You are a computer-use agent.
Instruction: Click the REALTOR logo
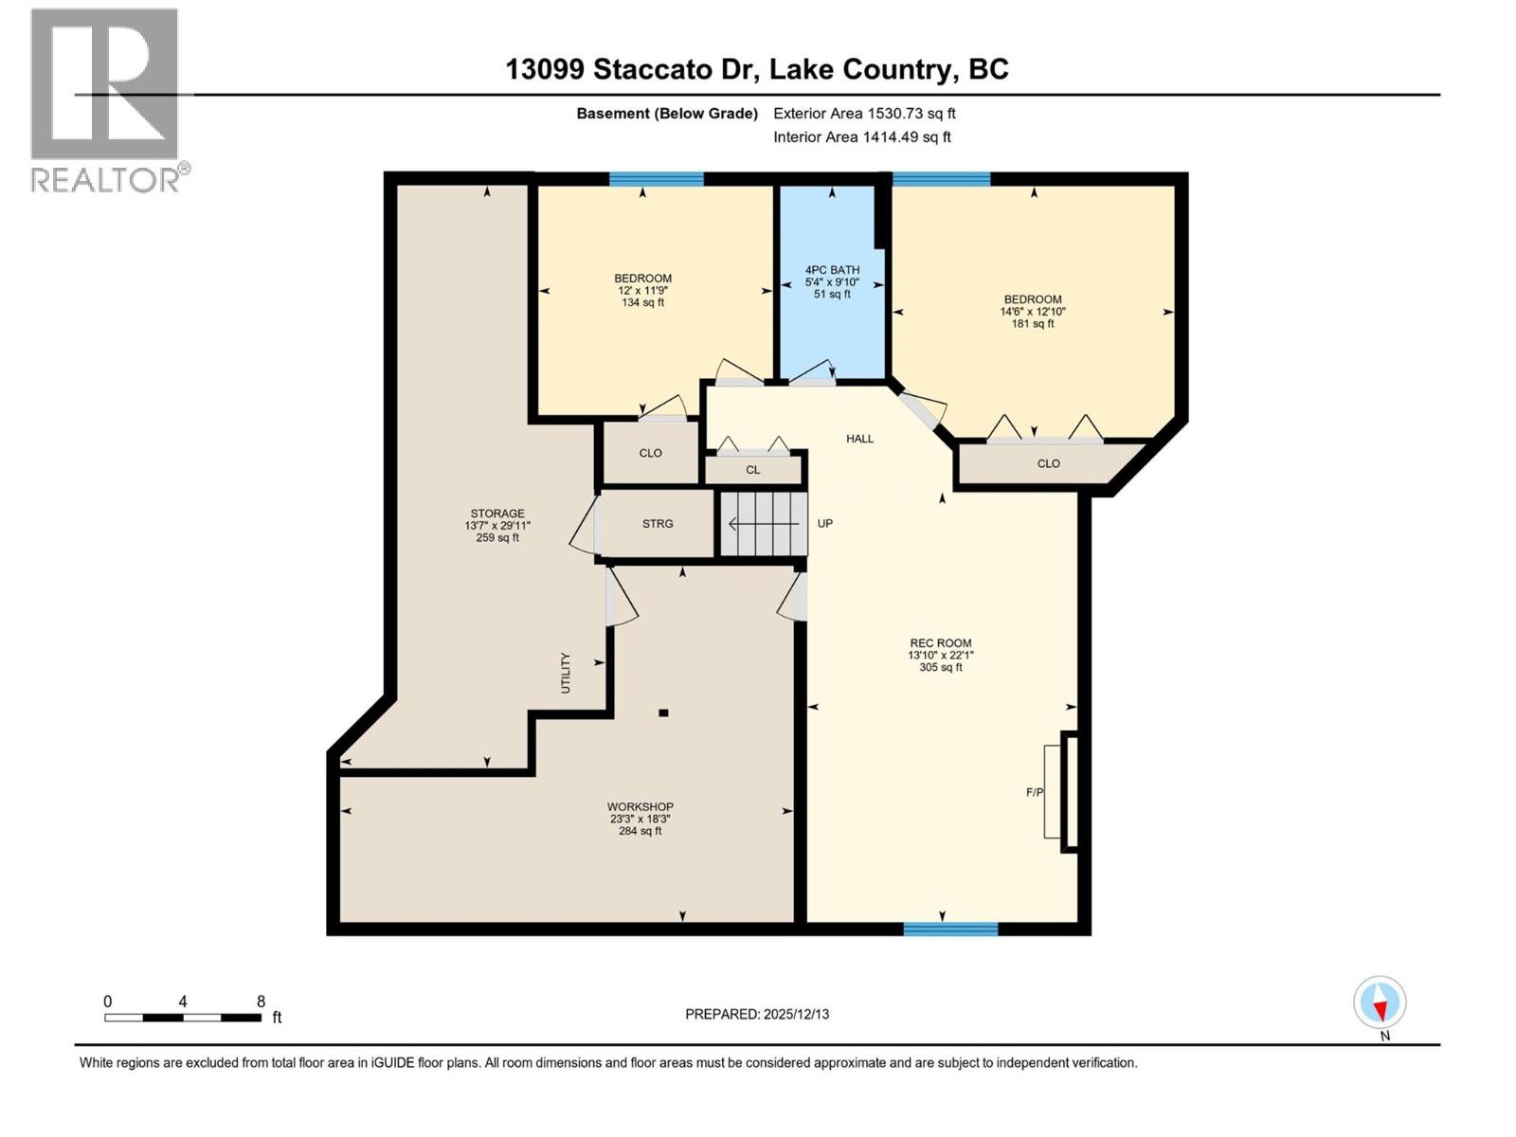coord(106,99)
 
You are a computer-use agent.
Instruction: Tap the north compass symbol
coord(1380,1003)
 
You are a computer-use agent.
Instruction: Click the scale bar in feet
coord(183,1017)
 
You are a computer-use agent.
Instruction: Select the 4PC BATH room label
coord(832,281)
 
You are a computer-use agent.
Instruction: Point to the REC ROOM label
coord(940,655)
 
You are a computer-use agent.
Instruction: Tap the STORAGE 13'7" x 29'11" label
coord(497,525)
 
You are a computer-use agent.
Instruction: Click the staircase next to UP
coord(764,523)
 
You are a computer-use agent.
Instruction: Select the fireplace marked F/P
coord(1060,791)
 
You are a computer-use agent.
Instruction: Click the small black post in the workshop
coord(664,713)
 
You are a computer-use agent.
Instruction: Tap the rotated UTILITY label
coord(566,672)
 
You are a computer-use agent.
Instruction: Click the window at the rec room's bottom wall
coord(950,929)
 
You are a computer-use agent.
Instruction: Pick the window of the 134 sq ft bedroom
coord(656,179)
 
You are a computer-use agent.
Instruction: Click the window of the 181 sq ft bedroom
coord(941,179)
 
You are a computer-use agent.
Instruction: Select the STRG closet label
coord(658,523)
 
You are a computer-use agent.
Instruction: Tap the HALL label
coord(859,439)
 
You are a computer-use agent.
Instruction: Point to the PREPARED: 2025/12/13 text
coord(757,1014)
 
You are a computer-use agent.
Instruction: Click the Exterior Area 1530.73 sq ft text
coord(864,113)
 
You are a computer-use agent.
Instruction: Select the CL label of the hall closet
coord(752,469)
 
